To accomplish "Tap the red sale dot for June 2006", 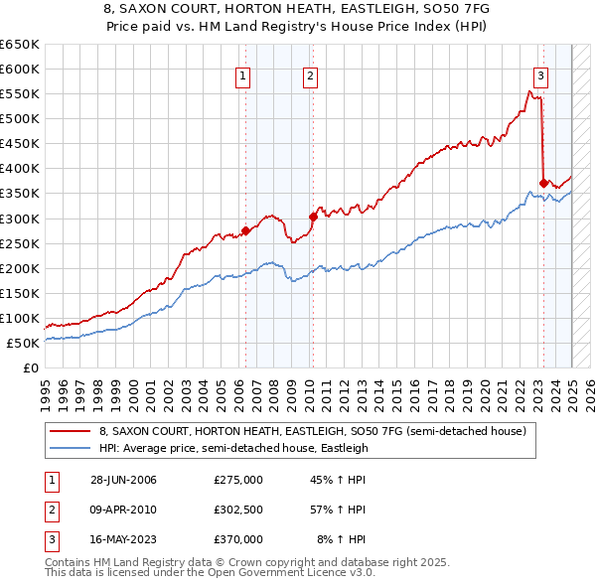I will pyautogui.click(x=245, y=230).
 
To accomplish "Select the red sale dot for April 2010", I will pyautogui.click(x=312, y=217).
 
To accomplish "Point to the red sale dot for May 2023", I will pyautogui.click(x=543, y=183).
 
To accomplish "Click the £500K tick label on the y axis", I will pyautogui.click(x=20, y=118).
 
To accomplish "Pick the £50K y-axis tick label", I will pyautogui.click(x=24, y=343).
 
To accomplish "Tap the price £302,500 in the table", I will pyautogui.click(x=237, y=512).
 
